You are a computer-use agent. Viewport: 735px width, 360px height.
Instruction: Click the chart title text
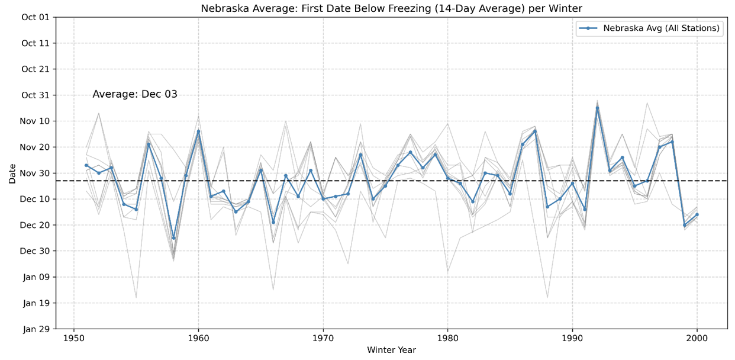[x=391, y=8]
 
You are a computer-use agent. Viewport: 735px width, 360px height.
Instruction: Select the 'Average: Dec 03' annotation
[x=135, y=94]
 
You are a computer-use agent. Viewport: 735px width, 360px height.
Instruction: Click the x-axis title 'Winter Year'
[x=391, y=350]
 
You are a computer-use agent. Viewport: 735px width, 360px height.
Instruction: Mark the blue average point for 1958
[x=173, y=238]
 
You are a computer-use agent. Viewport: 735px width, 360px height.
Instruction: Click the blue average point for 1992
[x=597, y=108]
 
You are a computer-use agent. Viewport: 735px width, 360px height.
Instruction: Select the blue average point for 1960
[x=198, y=131]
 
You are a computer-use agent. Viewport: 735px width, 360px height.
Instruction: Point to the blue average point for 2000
[x=697, y=214]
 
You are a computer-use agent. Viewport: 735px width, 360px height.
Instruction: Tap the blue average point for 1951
[x=86, y=165]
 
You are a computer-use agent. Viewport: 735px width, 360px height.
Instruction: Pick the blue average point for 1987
[x=535, y=131]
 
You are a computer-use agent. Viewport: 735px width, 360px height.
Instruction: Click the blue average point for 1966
[x=273, y=222]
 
